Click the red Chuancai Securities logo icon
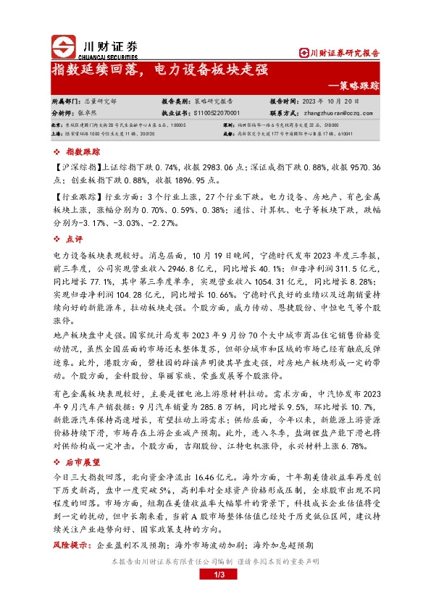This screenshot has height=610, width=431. click(x=64, y=47)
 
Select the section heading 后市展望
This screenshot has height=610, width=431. click(x=80, y=460)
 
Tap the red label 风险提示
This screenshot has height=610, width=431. click(x=73, y=545)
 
